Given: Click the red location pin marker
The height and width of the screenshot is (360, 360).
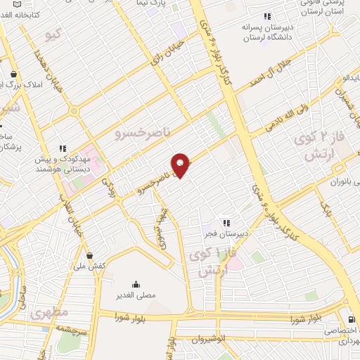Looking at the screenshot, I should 181,164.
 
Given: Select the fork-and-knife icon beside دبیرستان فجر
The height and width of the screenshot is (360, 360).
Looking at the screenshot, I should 226,223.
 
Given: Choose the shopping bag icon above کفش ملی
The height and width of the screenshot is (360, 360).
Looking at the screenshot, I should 89,255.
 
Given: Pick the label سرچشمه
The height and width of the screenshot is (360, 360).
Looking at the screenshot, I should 72,328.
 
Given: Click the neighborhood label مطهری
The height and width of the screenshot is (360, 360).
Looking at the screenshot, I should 49,311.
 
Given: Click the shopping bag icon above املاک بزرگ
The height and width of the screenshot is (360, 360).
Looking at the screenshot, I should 13,74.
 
